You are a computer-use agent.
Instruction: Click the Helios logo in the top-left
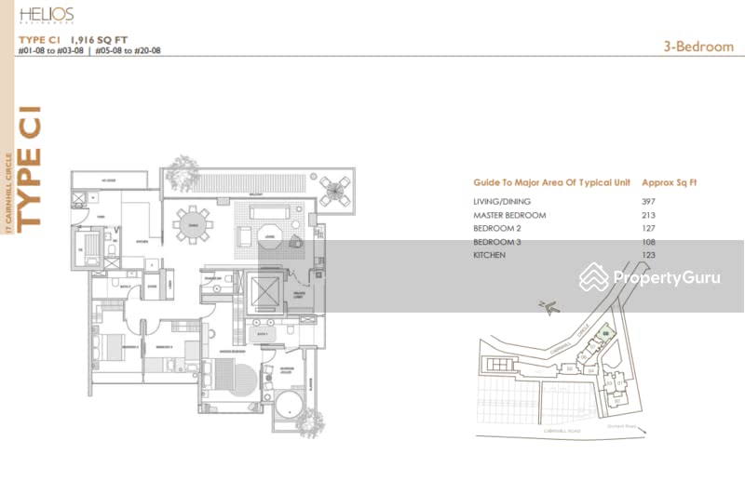[x=46, y=15]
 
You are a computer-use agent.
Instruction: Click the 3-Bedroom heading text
[x=699, y=47]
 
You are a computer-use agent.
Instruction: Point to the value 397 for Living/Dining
[x=648, y=202]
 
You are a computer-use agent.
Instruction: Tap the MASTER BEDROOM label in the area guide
[x=509, y=215]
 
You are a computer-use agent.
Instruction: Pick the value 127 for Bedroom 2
[x=648, y=228]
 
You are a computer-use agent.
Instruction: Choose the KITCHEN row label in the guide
[x=489, y=254]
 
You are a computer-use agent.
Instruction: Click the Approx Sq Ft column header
[x=670, y=183]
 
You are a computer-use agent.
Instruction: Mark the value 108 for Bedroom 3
[x=648, y=241]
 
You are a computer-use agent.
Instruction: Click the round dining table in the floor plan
[x=194, y=224]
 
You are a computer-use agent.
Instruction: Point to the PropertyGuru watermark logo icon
[x=593, y=277]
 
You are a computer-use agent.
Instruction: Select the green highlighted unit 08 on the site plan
[x=605, y=333]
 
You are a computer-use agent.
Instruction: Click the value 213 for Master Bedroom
[x=648, y=215]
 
